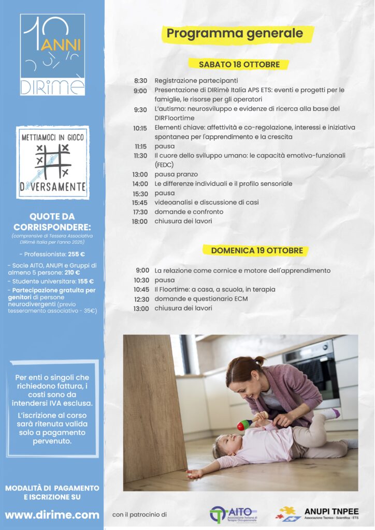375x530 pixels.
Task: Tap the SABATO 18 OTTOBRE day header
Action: (239, 65)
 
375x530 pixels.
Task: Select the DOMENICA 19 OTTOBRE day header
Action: (257, 251)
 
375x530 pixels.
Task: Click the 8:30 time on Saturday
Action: (140, 81)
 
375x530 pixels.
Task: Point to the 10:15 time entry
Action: (140, 128)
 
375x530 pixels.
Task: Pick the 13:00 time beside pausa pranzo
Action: (139, 174)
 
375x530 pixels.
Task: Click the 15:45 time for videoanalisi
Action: (139, 202)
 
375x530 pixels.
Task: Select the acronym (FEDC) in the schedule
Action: (165, 165)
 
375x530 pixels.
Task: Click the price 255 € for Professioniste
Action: (76, 254)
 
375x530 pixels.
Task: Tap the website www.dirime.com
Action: (52, 515)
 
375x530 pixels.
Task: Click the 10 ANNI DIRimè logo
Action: (52, 54)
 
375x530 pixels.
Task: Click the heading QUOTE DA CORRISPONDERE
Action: (52, 222)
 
